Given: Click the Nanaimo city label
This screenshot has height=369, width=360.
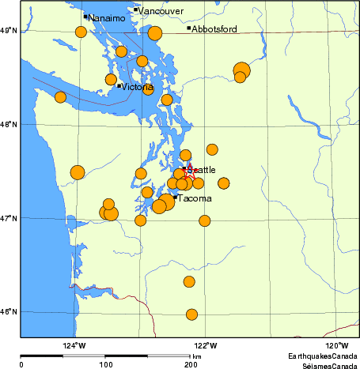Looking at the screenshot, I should click(106, 17).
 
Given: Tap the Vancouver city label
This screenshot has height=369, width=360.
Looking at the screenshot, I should click(161, 11).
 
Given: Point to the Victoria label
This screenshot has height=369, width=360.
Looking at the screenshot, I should click(138, 87).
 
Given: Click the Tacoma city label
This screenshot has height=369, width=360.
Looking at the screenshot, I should click(194, 198).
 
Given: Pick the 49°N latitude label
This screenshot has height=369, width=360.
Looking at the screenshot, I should click(9, 30).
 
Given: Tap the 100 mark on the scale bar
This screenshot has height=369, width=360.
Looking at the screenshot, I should click(105, 364).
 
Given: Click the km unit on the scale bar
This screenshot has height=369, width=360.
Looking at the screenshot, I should click(197, 357).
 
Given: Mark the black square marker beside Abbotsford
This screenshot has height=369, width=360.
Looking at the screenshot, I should click(189, 28).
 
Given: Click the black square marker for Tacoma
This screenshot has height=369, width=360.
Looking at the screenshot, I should click(175, 197).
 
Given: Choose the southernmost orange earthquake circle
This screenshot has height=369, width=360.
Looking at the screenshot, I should click(191, 314).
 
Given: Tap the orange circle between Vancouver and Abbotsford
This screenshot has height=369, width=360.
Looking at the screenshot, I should click(155, 32).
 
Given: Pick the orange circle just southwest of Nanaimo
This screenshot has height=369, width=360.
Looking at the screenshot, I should click(81, 32).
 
